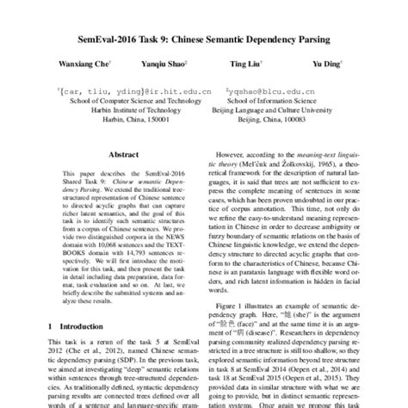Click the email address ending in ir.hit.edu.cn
click(x=122, y=89)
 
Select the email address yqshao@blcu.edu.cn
click(x=278, y=89)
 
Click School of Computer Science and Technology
click(x=122, y=100)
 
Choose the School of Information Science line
click(x=278, y=100)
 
